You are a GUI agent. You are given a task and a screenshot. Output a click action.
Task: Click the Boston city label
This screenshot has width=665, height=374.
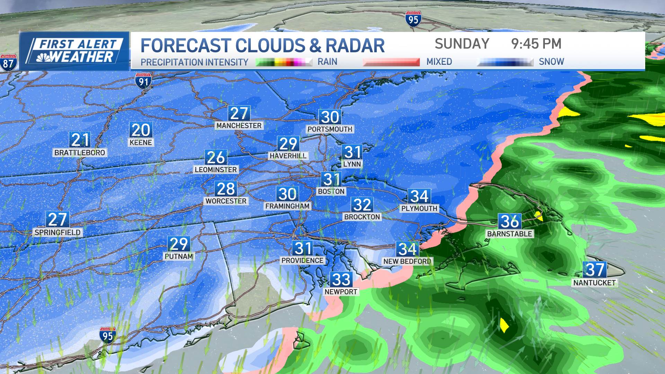(x=331, y=192)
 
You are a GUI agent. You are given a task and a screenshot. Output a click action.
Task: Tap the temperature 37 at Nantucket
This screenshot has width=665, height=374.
(x=595, y=269)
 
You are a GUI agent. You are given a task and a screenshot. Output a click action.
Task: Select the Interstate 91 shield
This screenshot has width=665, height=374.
(x=143, y=81)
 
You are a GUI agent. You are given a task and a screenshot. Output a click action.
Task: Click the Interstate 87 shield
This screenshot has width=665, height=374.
(x=8, y=63)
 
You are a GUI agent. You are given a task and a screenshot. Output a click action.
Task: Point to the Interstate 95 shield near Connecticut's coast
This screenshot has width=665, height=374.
(x=107, y=335)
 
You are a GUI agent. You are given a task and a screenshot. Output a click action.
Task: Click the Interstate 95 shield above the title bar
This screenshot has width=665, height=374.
(x=413, y=19)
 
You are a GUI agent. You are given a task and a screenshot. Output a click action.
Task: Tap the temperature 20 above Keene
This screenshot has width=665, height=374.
(x=141, y=130)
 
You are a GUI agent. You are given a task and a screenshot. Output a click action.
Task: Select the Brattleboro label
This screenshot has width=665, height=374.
(x=80, y=153)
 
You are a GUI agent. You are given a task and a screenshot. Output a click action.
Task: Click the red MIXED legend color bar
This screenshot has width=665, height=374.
(x=391, y=62)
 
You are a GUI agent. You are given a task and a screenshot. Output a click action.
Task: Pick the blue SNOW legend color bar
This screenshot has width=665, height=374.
(x=505, y=62)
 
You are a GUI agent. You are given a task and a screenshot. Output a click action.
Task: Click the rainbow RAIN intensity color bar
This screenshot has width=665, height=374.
(x=284, y=62)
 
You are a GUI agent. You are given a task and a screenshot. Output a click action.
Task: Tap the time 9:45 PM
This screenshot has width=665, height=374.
(x=536, y=44)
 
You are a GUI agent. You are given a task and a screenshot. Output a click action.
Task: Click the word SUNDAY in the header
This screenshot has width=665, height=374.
(x=462, y=44)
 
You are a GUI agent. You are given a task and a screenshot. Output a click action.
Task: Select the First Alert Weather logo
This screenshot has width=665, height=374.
(x=74, y=51)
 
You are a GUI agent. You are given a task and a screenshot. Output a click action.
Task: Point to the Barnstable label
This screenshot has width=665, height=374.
(x=509, y=234)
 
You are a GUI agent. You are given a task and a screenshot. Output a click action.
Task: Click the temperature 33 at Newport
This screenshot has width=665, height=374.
(x=341, y=279)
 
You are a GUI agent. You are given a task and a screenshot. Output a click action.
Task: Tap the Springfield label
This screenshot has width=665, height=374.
(x=57, y=232)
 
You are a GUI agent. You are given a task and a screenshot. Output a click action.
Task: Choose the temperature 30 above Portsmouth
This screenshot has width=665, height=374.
(x=330, y=117)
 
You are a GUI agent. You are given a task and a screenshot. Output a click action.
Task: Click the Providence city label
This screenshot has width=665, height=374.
(x=302, y=260)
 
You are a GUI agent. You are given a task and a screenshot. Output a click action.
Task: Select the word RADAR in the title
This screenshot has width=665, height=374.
(x=355, y=46)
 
